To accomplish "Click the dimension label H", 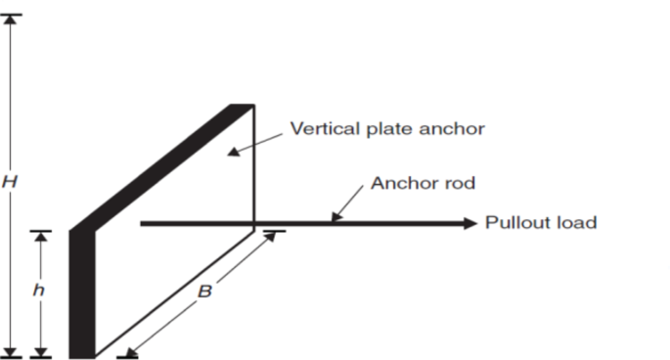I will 9,183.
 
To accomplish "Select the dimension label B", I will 204,292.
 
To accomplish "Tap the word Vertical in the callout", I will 319,129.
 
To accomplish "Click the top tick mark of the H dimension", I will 11,16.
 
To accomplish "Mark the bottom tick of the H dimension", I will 11,354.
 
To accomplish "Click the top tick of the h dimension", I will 40,232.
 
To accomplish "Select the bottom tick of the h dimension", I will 40,354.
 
